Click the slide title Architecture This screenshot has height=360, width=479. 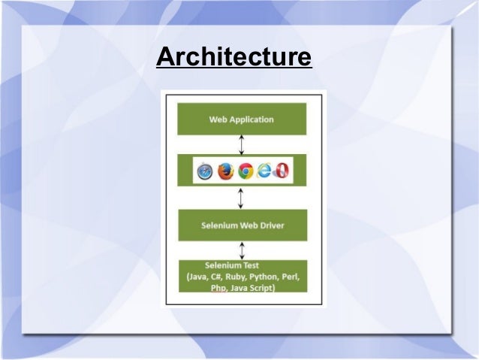(x=233, y=58)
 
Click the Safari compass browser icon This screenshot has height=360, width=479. (x=205, y=172)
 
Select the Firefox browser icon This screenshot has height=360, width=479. (x=225, y=172)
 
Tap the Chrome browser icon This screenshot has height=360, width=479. (x=245, y=172)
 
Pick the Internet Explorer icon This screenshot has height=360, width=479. (x=264, y=172)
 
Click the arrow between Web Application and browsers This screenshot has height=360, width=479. (x=240, y=144)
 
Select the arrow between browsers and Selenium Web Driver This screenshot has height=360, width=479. (x=240, y=198)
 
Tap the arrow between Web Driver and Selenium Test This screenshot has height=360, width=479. (x=240, y=250)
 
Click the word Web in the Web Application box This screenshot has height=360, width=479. (x=218, y=119)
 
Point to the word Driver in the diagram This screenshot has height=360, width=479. (x=269, y=225)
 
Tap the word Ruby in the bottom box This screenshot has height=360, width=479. (x=233, y=276)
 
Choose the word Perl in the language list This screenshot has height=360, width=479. (x=290, y=276)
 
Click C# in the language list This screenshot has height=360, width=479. (x=212, y=276)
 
